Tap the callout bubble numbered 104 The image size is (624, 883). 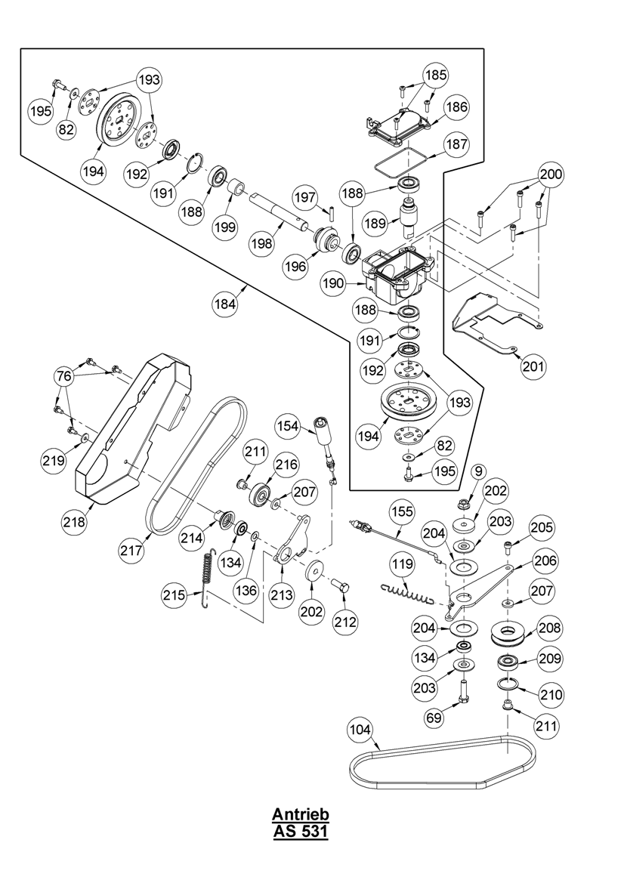click(361, 730)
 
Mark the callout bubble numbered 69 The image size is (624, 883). click(433, 717)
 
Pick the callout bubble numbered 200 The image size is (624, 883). click(551, 174)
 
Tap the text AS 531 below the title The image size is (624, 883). click(301, 832)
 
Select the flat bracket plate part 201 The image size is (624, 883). click(491, 321)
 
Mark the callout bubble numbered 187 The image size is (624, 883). click(456, 144)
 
